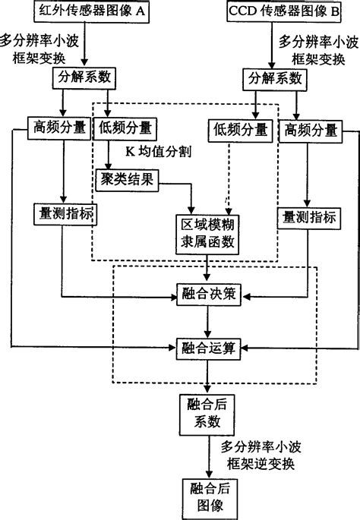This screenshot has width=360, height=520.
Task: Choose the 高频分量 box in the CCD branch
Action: tap(311, 130)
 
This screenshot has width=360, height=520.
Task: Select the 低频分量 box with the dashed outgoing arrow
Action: tap(239, 130)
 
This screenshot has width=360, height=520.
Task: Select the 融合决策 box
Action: tap(207, 295)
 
